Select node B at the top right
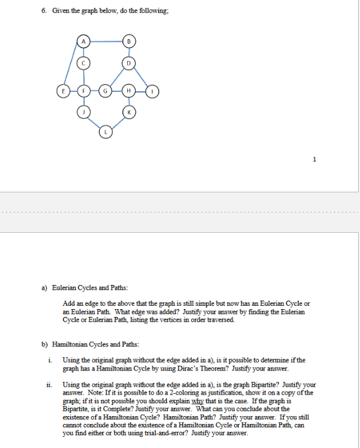point(130,42)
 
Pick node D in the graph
point(129,64)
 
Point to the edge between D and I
point(142,77)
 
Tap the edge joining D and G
point(117,77)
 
